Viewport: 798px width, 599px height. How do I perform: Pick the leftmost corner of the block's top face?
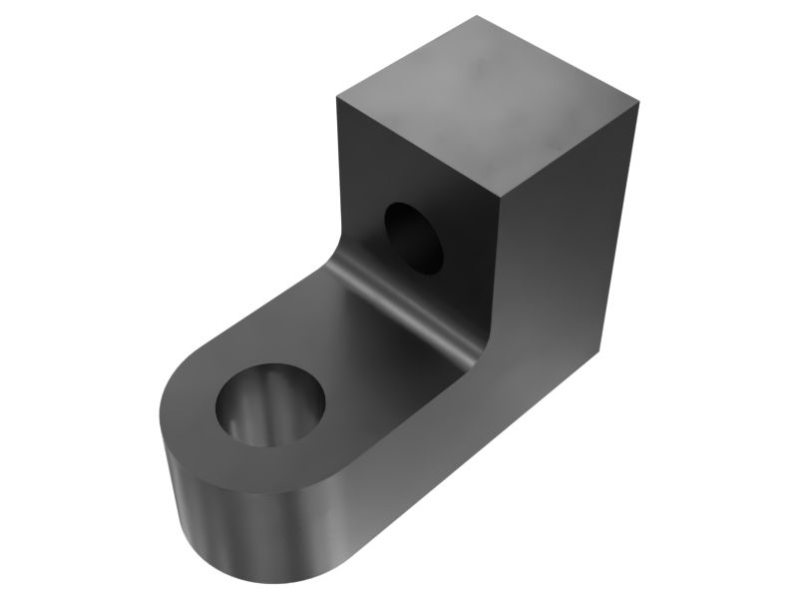[x=337, y=95]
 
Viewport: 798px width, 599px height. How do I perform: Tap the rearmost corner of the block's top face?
[x=477, y=15]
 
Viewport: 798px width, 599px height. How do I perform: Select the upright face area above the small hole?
[x=419, y=160]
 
